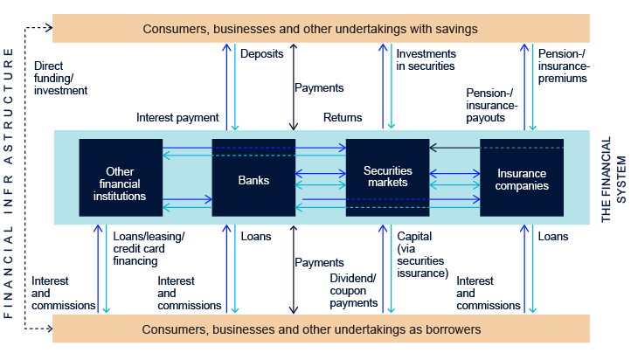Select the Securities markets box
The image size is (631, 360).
387,177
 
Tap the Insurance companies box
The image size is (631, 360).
522,180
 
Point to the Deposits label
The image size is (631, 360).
261,53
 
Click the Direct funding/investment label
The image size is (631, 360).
60,78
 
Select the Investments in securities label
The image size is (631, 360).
426,59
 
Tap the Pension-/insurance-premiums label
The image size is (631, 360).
564,65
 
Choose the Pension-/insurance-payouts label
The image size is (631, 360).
492,104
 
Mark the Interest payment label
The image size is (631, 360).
177,117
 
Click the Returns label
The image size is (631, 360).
343,117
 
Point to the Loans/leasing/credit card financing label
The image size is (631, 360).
149,248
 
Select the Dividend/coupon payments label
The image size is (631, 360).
354,291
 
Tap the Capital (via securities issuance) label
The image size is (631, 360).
423,254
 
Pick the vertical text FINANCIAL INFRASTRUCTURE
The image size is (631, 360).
9,183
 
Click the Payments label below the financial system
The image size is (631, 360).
319,262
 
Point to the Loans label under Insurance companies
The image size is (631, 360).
553,237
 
